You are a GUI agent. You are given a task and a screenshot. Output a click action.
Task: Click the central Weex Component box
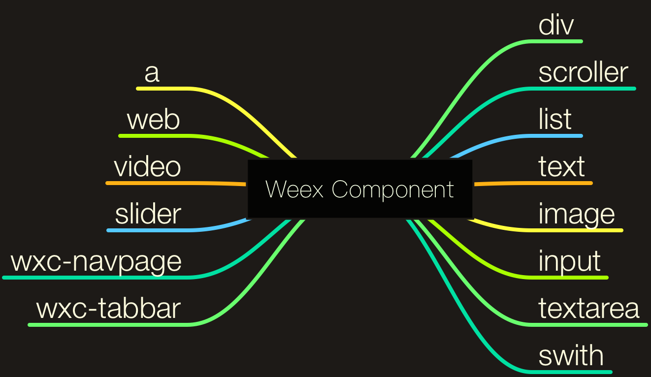tap(359, 189)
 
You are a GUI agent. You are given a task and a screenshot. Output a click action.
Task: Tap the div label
tap(556, 25)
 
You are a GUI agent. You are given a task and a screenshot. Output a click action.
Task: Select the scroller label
tap(583, 72)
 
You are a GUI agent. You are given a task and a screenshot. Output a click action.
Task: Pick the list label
tap(555, 120)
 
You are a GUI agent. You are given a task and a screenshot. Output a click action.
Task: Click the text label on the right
tap(561, 167)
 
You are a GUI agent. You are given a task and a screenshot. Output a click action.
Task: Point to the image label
tap(577, 214)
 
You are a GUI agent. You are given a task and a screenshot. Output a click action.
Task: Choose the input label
tap(569, 261)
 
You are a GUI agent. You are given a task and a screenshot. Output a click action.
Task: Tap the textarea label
tap(589, 309)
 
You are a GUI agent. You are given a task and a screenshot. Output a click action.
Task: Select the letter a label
tap(152, 73)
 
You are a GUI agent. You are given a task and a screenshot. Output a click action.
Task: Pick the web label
tap(153, 120)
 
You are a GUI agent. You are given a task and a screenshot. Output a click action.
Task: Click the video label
tap(147, 167)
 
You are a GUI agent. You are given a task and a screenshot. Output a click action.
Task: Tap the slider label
tap(148, 214)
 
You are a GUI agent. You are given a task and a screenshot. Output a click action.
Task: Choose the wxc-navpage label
tap(96, 261)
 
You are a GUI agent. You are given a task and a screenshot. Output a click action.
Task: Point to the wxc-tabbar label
tap(108, 309)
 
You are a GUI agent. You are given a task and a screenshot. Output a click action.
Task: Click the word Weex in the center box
tap(294, 189)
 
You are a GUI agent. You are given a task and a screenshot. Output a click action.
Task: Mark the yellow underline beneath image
tap(581, 230)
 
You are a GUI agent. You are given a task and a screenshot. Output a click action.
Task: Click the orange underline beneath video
tap(148, 183)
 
